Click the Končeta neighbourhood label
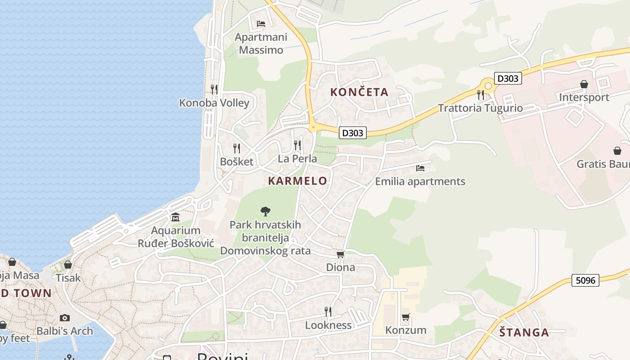tap(359, 92)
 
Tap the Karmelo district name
tap(297, 181)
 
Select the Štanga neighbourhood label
tap(524, 333)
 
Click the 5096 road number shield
tap(585, 280)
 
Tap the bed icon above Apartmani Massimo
tap(261, 23)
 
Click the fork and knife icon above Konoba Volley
tap(214, 89)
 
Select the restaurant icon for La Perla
tap(297, 145)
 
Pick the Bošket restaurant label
tap(237, 162)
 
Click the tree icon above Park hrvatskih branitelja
tap(265, 211)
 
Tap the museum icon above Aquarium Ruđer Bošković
tap(175, 217)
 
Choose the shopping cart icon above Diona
tap(341, 255)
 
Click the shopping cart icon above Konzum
tap(405, 317)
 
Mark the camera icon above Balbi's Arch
tap(65, 318)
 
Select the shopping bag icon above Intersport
tap(584, 84)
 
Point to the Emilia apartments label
tap(420, 181)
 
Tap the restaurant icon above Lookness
tap(328, 311)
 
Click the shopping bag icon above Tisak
tap(68, 265)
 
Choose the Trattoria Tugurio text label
tap(480, 108)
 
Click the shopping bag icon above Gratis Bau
tap(617, 151)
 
